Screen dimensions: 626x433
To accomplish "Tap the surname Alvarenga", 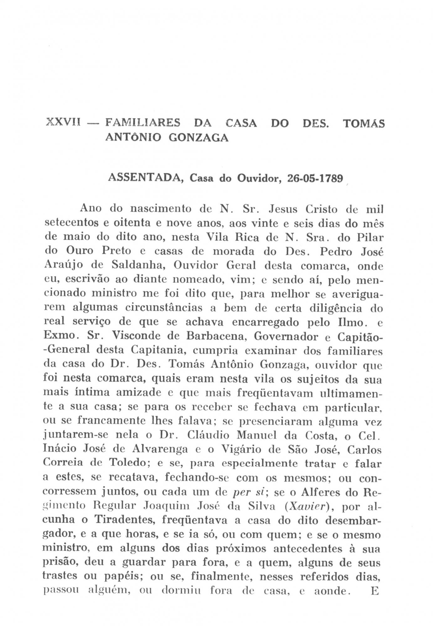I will tap(160, 450).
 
